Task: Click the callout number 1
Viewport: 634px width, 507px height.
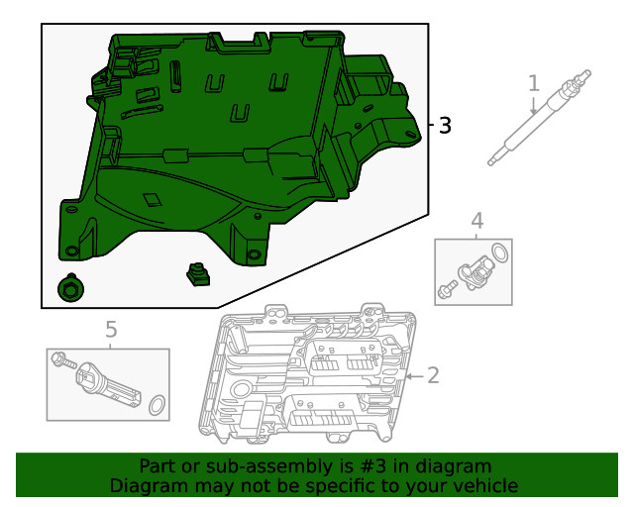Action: coord(534,83)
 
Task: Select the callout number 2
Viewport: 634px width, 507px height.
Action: coord(432,374)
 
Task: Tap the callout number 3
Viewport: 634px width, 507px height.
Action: coord(445,126)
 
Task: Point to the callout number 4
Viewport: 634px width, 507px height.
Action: coord(476,220)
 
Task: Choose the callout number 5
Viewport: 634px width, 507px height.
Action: coord(111,328)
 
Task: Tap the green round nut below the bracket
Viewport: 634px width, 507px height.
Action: coord(70,288)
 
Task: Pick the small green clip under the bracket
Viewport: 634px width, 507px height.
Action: coord(199,274)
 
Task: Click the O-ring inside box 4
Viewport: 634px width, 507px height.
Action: coord(502,253)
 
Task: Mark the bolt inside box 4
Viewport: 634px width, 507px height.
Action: coord(446,289)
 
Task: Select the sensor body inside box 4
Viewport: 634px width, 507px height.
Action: coord(472,271)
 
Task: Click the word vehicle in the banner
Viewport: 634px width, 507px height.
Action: coord(479,486)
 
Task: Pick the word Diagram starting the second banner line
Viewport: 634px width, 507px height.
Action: coord(148,486)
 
